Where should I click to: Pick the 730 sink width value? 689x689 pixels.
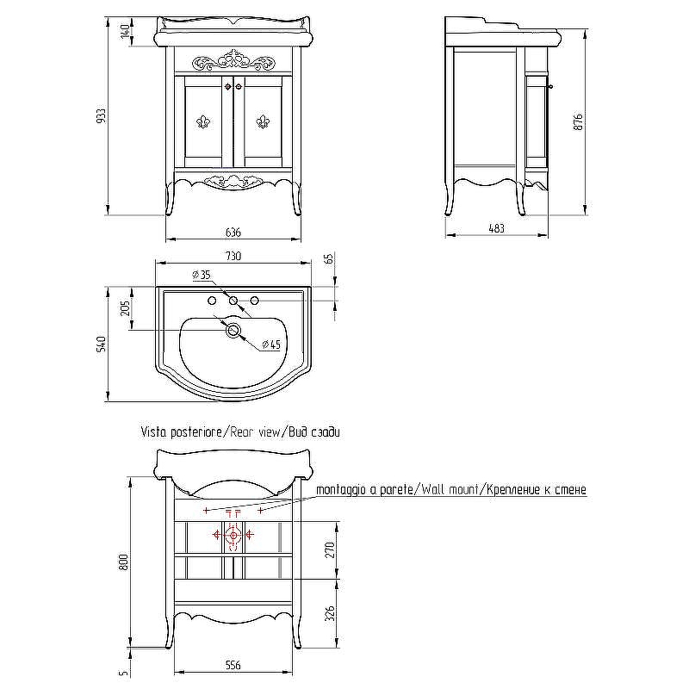tap(233, 256)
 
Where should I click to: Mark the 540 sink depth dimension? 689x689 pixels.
tap(100, 344)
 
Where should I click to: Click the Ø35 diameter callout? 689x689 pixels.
tap(201, 276)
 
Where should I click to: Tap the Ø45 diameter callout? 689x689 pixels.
tap(270, 344)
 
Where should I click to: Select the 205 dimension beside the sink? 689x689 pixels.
tap(125, 308)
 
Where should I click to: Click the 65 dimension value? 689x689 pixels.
tap(329, 260)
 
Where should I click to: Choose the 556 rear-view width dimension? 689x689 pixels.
tap(233, 665)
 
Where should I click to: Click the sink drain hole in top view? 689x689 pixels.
tap(232, 329)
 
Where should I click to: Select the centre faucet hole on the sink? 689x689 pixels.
tap(233, 301)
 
